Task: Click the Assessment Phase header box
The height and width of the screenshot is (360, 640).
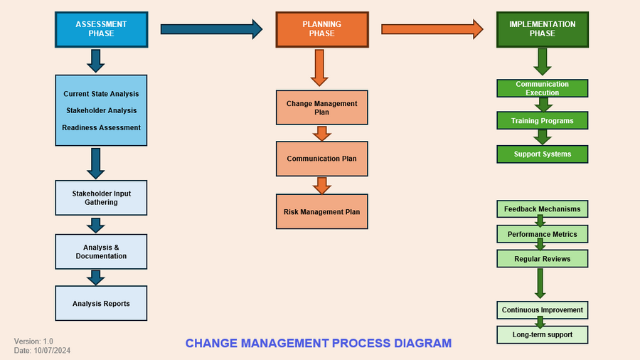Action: tap(101, 29)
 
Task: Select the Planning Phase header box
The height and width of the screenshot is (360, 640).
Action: tap(321, 29)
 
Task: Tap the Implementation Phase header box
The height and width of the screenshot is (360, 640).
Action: tap(542, 29)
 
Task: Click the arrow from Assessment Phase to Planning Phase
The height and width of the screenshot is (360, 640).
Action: tap(211, 29)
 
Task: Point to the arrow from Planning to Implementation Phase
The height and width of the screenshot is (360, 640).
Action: tap(432, 29)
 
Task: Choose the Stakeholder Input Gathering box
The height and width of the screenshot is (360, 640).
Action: tap(101, 198)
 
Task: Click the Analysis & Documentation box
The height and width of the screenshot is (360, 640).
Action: tap(101, 252)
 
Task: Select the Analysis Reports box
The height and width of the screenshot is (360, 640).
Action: tap(101, 304)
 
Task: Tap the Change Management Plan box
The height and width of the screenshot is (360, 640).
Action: tap(321, 108)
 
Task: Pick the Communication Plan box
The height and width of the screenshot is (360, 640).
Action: tap(321, 159)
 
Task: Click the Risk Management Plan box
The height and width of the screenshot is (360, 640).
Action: tap(321, 211)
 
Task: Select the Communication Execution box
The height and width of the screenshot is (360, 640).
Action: tap(542, 88)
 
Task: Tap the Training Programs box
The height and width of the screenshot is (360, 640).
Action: tap(542, 121)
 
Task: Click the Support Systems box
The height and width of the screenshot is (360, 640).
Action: tap(542, 154)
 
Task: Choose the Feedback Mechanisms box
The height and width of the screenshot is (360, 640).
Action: tap(542, 209)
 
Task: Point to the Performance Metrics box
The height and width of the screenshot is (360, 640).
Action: tap(542, 234)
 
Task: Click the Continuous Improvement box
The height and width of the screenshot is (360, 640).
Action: tap(542, 310)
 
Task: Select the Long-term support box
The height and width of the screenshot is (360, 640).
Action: tap(542, 334)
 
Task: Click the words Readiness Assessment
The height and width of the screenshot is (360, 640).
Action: tap(101, 128)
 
